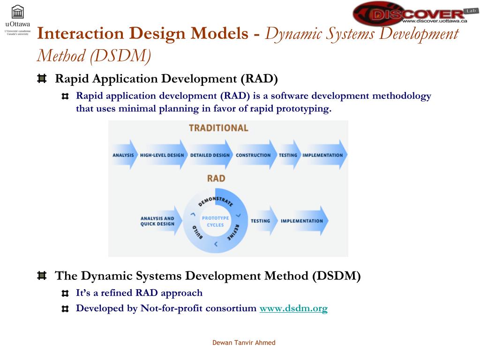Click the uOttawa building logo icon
click(17, 12)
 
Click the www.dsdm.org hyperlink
click(293, 308)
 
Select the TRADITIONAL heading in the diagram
click(218, 128)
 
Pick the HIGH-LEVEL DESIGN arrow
click(162, 155)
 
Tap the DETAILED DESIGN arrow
click(210, 155)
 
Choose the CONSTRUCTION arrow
click(254, 155)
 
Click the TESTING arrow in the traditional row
click(288, 155)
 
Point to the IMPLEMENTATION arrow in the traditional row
click(323, 155)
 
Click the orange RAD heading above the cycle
click(216, 179)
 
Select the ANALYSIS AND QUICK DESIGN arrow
click(158, 221)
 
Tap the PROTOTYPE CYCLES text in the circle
click(216, 221)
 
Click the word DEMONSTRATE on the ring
click(216, 198)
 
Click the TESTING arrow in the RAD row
click(261, 221)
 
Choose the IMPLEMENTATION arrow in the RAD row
click(302, 221)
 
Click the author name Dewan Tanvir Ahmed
click(244, 343)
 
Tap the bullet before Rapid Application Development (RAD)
click(42, 78)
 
